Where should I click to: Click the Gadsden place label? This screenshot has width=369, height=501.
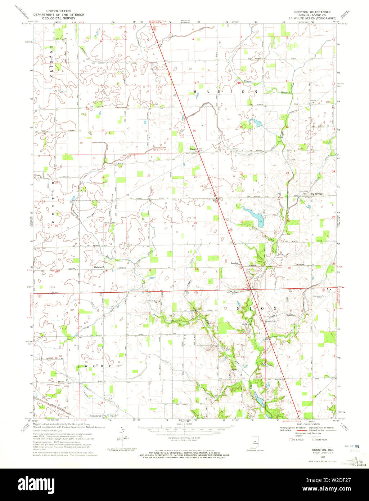(99, 267)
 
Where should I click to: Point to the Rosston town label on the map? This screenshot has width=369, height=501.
(235, 263)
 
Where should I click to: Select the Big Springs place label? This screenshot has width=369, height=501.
(316, 194)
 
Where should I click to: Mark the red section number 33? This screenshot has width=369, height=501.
(196, 269)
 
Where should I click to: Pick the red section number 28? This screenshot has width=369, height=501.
(195, 223)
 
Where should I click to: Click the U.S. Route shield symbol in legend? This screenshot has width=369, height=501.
(292, 439)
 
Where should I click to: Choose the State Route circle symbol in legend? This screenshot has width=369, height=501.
(314, 439)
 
